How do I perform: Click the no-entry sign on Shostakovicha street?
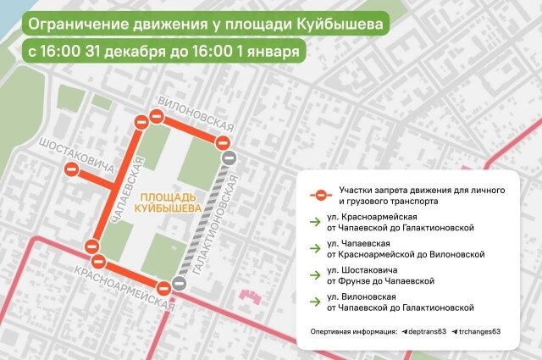(73, 171)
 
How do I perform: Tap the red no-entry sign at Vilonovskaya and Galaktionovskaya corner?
(223, 141)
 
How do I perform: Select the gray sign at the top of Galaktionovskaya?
(228, 158)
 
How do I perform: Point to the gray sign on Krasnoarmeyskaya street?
(179, 285)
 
